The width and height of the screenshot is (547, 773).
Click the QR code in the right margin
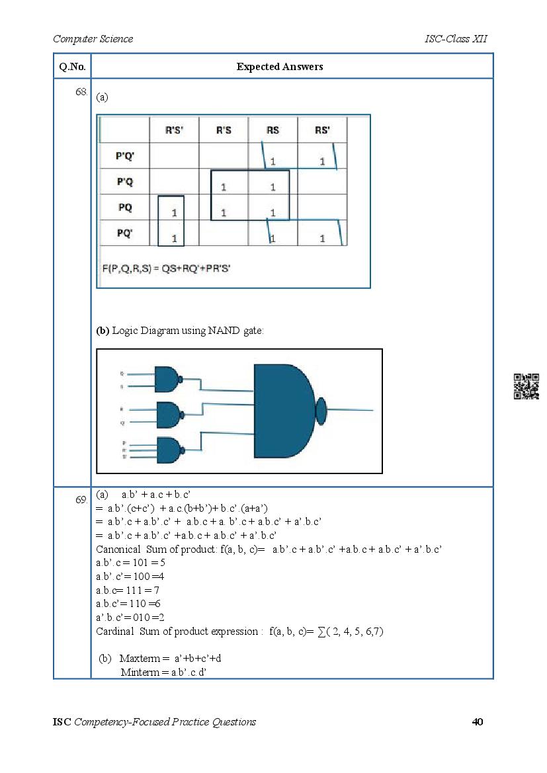pyautogui.click(x=526, y=386)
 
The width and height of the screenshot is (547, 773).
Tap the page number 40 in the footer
pyautogui.click(x=477, y=721)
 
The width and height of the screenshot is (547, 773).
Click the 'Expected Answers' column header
pyautogui.click(x=280, y=67)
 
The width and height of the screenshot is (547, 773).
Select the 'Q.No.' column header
pyautogui.click(x=71, y=67)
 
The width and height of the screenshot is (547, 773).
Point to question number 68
pyautogui.click(x=81, y=93)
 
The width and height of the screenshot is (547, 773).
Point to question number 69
pyautogui.click(x=81, y=500)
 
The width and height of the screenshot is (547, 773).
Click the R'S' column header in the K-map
pyautogui.click(x=174, y=130)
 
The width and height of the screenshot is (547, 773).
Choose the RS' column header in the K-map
pyautogui.click(x=322, y=130)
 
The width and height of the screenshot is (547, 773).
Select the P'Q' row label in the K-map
pyautogui.click(x=124, y=156)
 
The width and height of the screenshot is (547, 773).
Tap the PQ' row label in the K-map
pyautogui.click(x=124, y=233)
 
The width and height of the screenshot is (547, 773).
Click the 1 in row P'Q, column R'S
pyautogui.click(x=224, y=187)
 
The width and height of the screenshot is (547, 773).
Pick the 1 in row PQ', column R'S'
pyautogui.click(x=174, y=238)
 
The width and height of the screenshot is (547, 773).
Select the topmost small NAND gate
pyautogui.click(x=167, y=379)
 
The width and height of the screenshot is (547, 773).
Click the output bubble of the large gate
pyautogui.click(x=321, y=411)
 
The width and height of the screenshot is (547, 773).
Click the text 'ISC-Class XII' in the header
pyautogui.click(x=456, y=39)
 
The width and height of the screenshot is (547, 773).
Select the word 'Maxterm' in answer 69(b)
pyautogui.click(x=138, y=659)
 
